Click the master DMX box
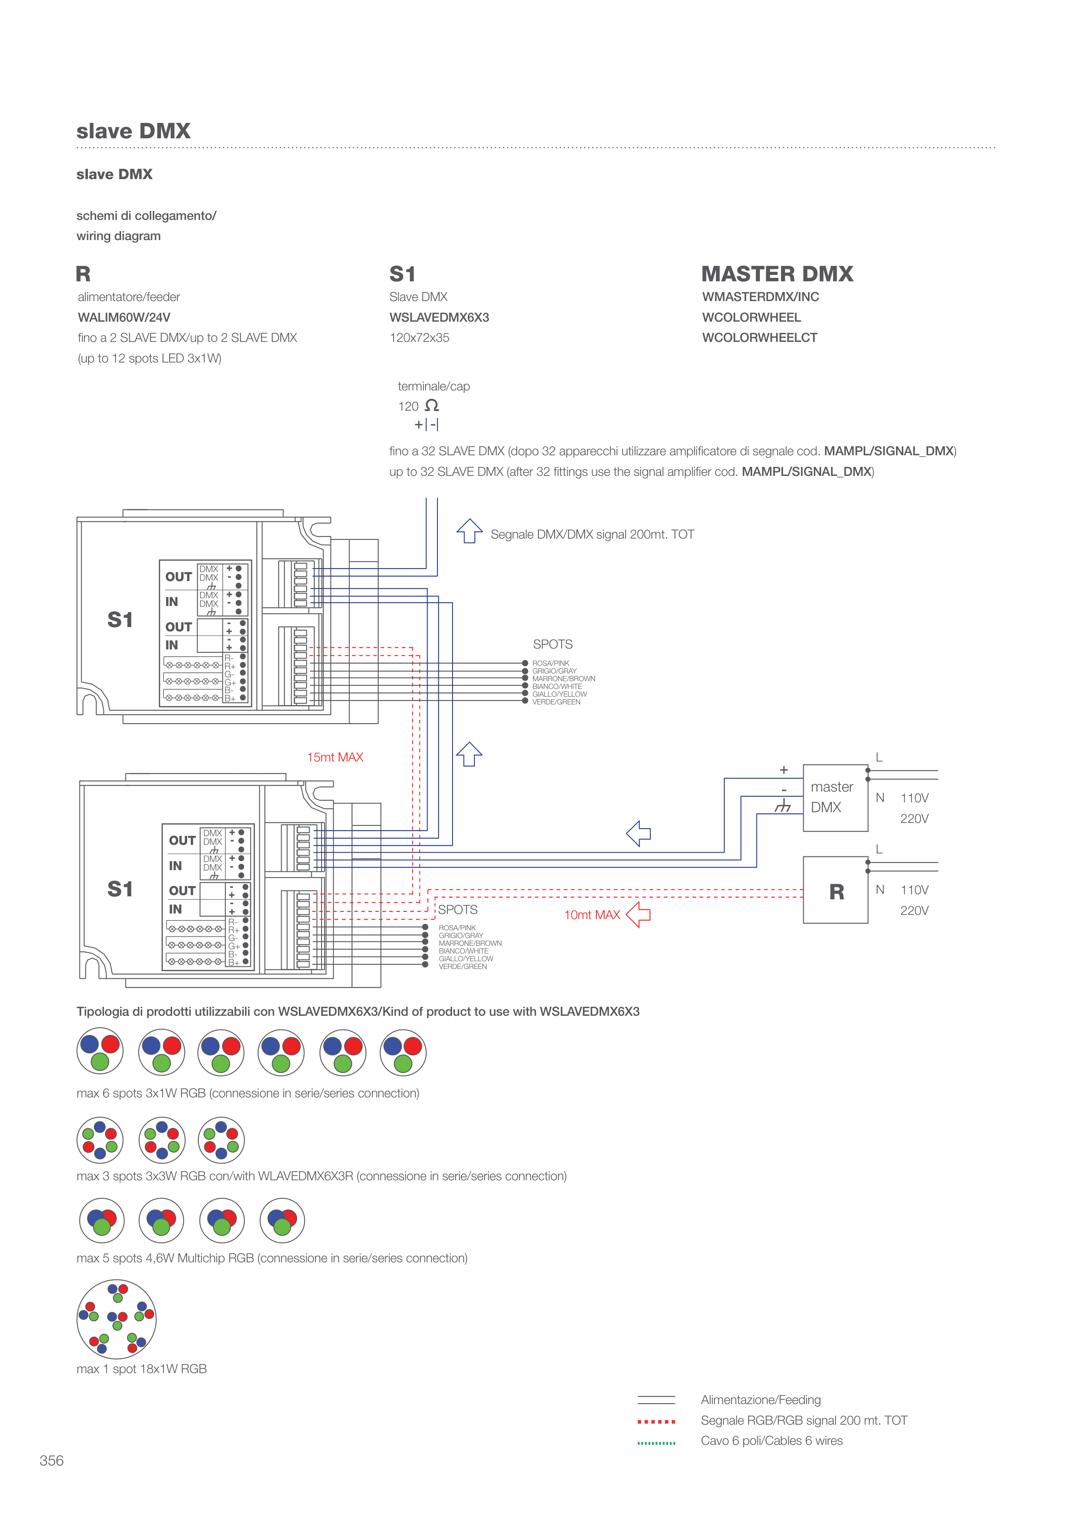coord(835,798)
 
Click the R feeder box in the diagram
coord(835,890)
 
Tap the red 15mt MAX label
coord(335,757)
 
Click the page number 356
coord(52,1460)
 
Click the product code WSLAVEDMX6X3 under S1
coord(439,317)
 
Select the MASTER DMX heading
coord(777,274)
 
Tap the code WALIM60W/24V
coord(124,317)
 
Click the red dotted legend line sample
coord(656,1421)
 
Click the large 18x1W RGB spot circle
coord(117,1319)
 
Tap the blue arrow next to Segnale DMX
coord(470,531)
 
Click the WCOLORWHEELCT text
coord(759,338)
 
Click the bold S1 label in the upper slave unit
coord(120,620)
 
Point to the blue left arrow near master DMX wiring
coord(639,833)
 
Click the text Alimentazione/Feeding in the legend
coord(760,1399)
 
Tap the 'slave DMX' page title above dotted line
coord(134,131)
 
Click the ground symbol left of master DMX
coord(783,806)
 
